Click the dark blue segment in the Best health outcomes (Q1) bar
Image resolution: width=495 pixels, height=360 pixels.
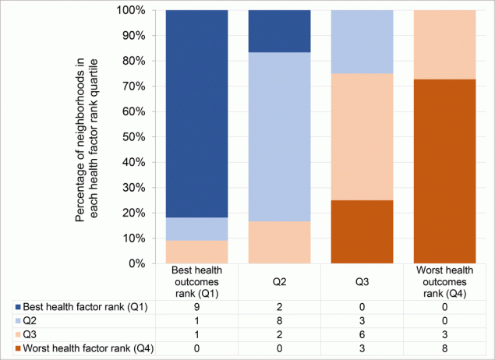click(x=196, y=114)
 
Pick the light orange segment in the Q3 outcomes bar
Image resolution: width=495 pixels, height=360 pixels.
click(x=362, y=136)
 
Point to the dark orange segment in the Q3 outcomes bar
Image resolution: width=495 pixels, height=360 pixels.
click(x=362, y=231)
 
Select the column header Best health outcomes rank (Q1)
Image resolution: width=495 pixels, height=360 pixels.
click(x=196, y=282)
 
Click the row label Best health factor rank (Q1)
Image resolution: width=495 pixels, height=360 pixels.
click(x=86, y=308)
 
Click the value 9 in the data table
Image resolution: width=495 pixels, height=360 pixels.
click(x=196, y=308)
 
